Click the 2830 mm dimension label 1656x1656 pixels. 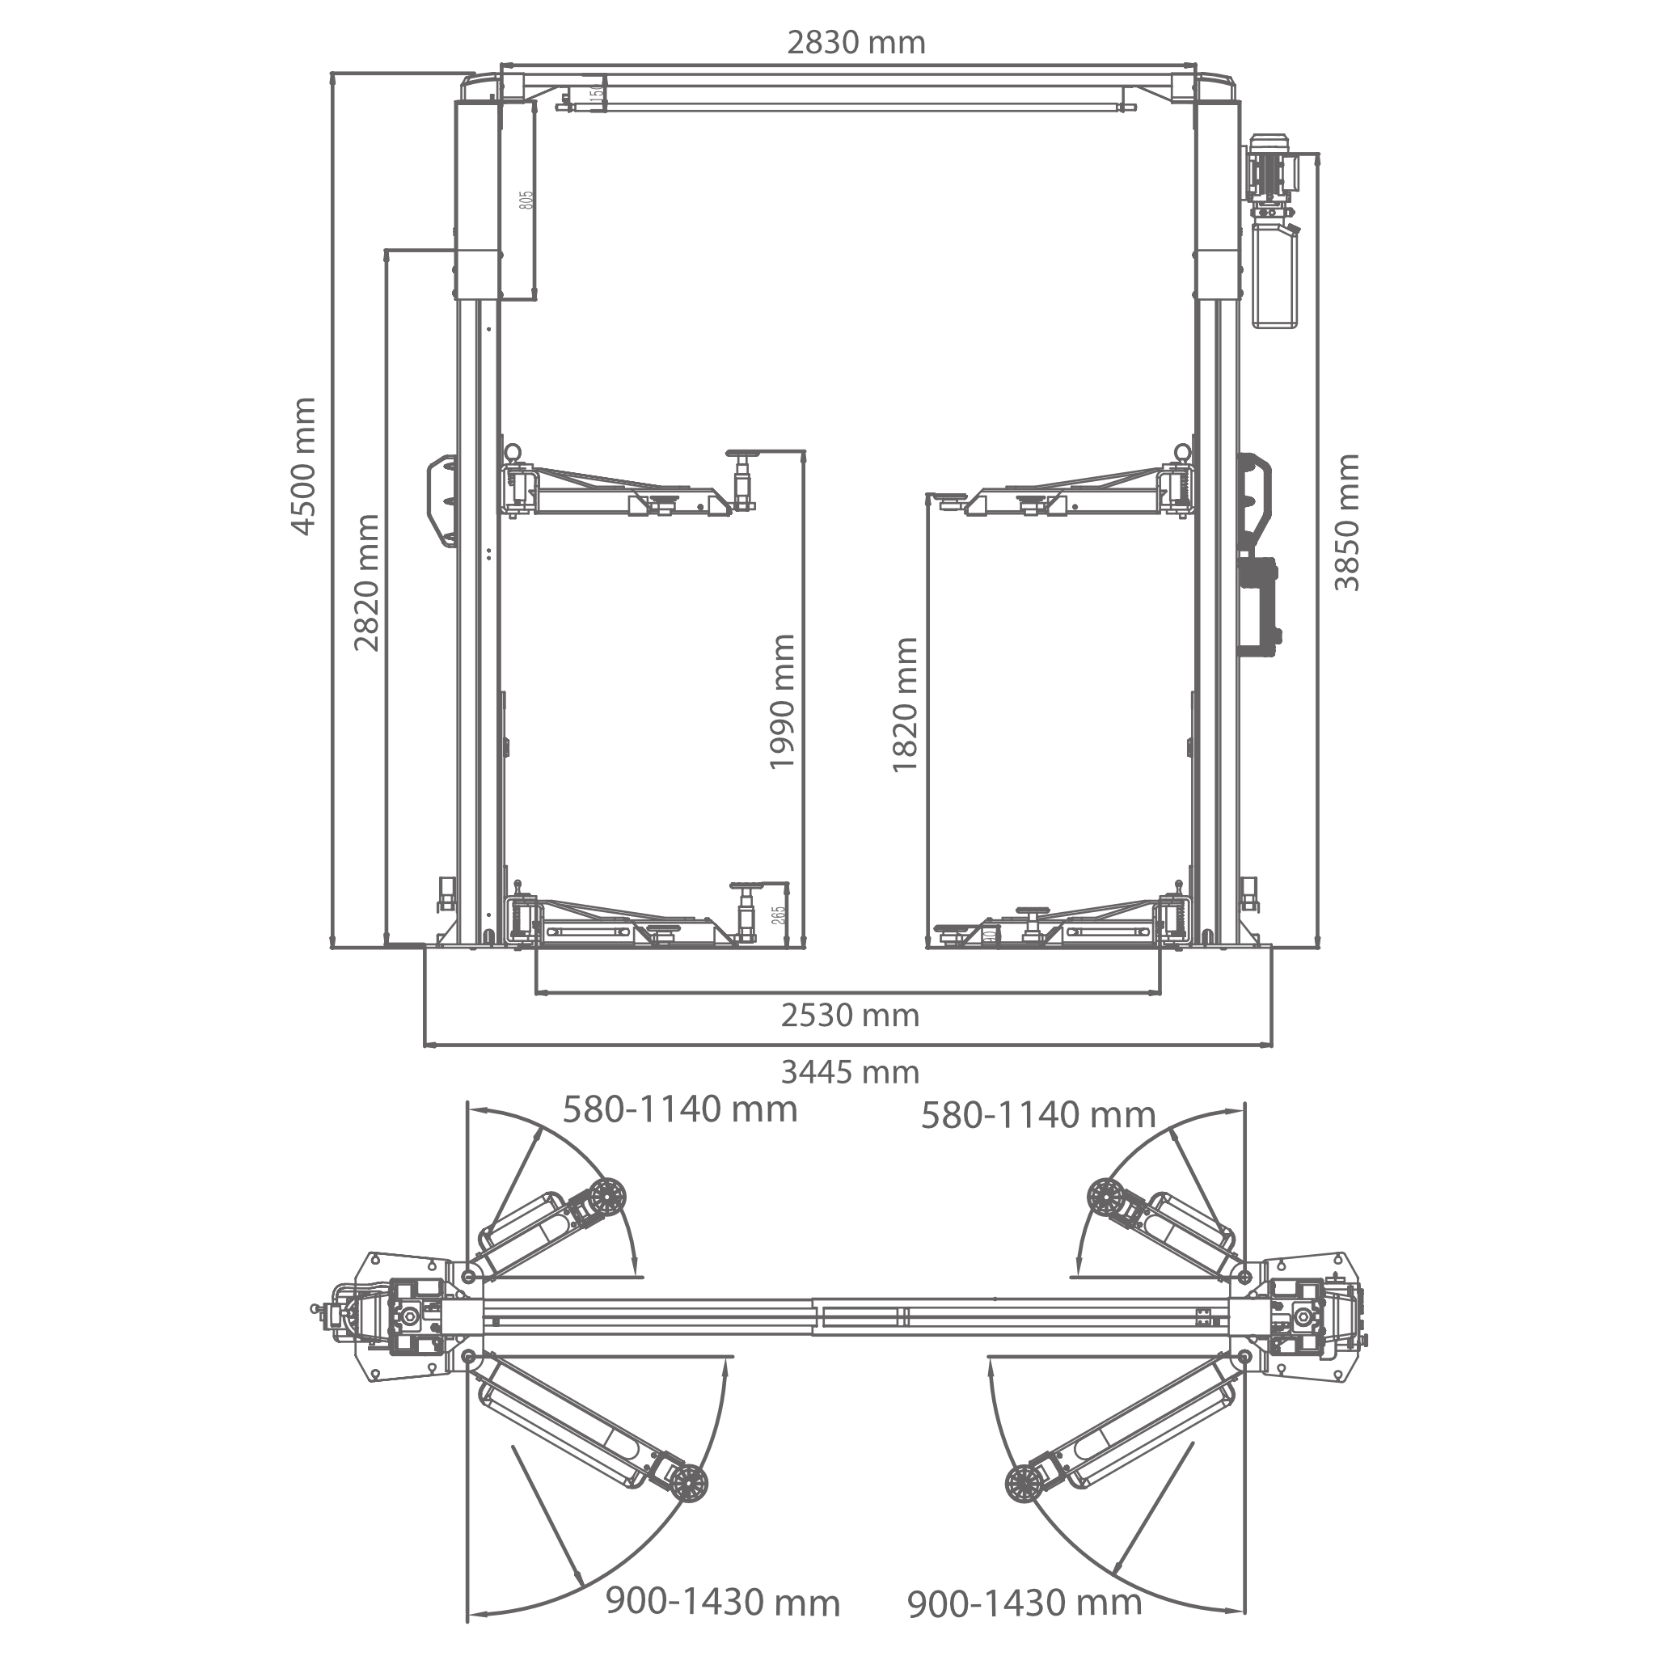click(856, 43)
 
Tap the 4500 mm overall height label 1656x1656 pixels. click(304, 466)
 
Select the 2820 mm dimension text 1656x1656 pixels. click(367, 582)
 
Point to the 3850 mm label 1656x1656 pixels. click(1347, 522)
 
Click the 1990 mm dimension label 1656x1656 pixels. click(782, 701)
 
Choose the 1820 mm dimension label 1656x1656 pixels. click(905, 703)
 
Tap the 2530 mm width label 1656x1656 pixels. click(850, 1016)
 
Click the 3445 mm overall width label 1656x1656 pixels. click(850, 1072)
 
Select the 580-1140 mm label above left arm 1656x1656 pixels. click(680, 1109)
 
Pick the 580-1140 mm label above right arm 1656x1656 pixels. click(1038, 1115)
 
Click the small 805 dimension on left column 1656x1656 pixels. click(526, 201)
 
